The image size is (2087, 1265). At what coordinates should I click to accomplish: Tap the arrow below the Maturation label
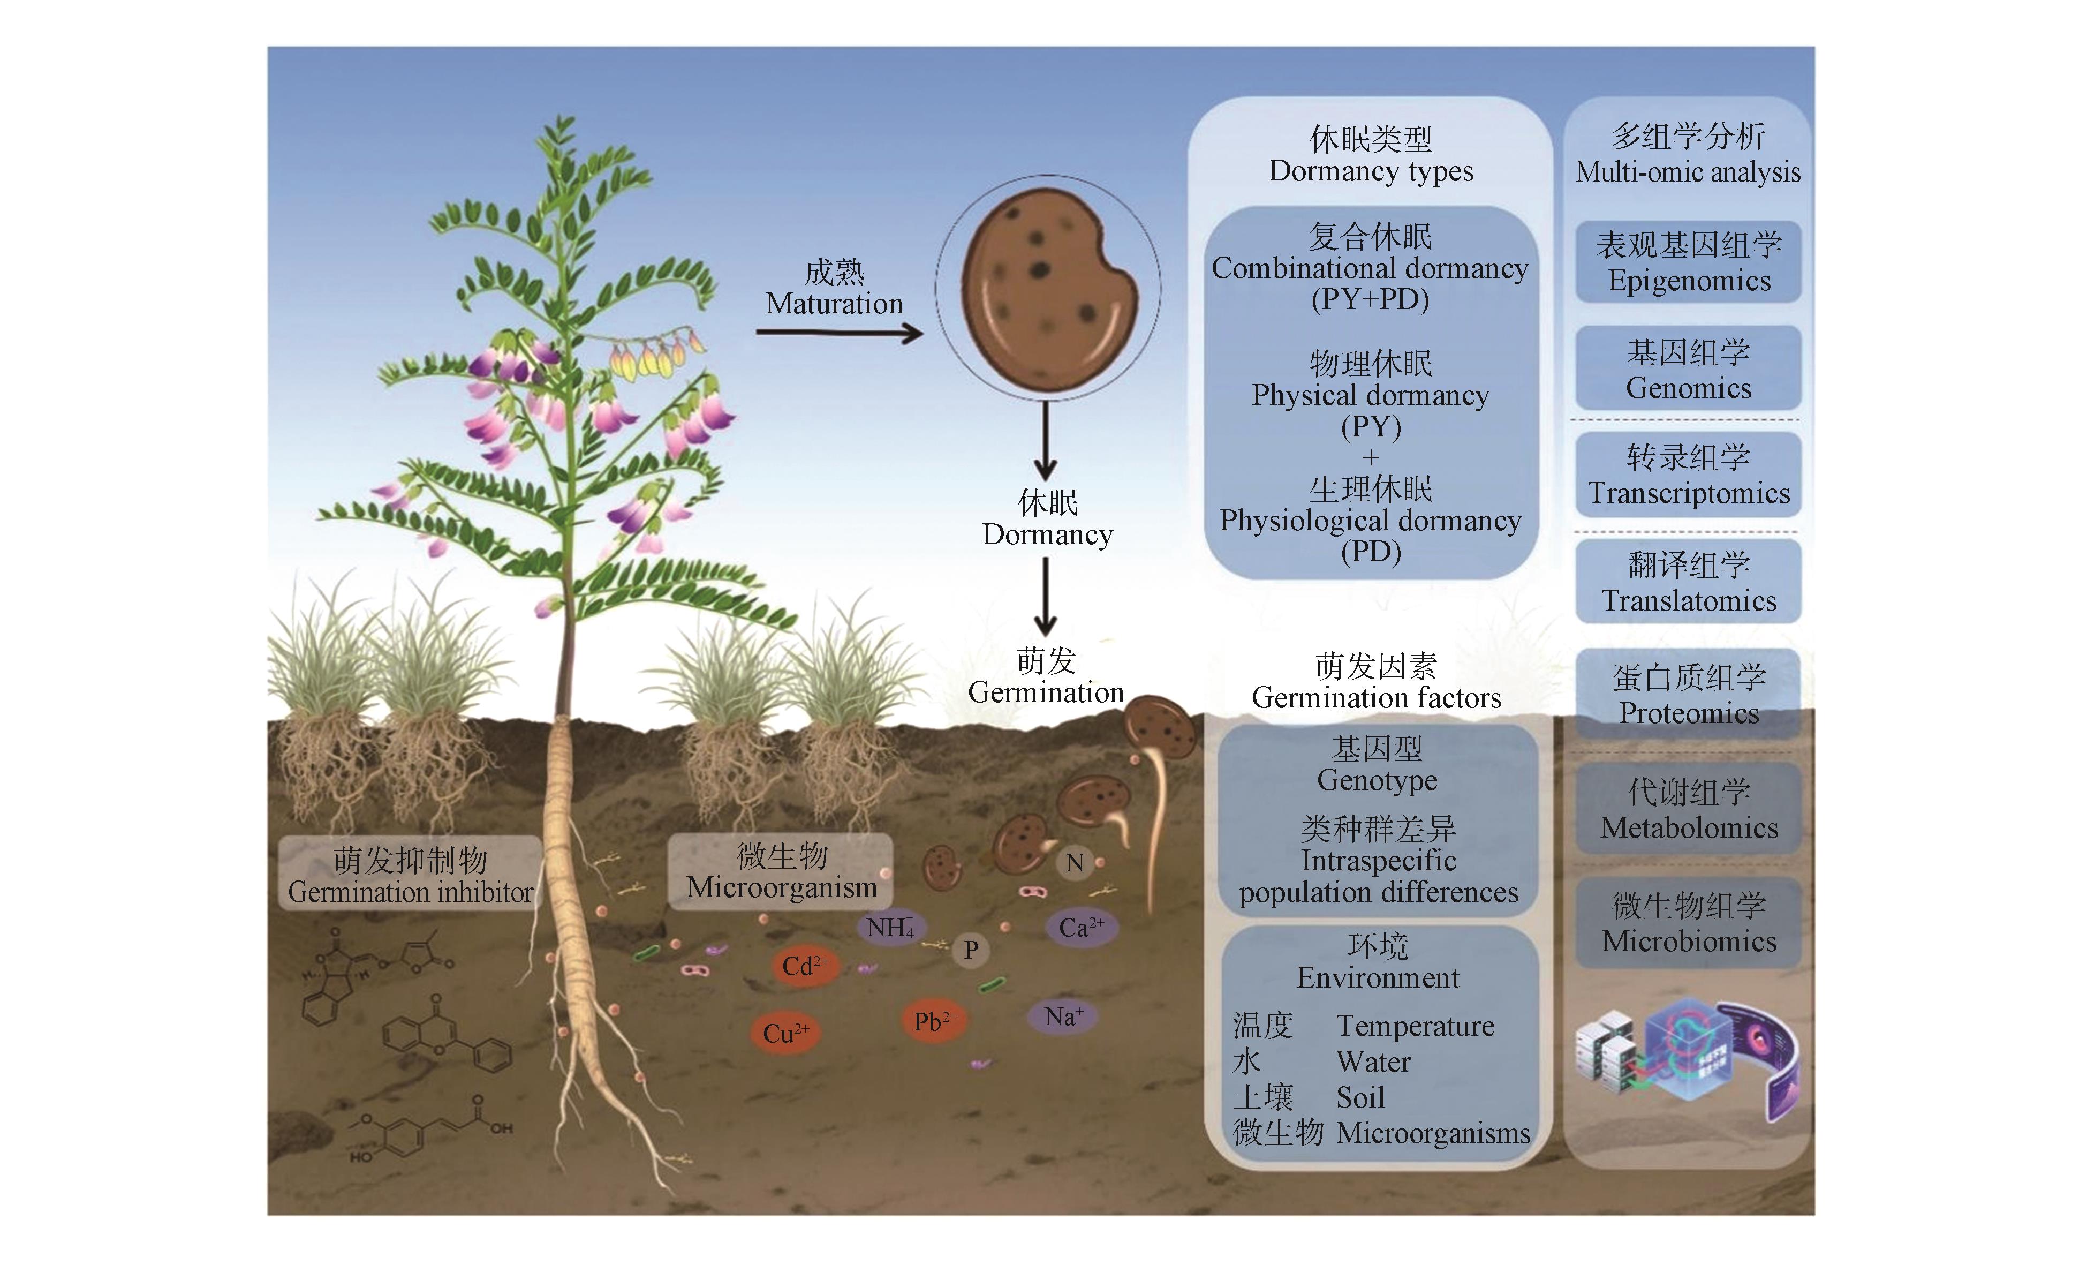pyautogui.click(x=838, y=333)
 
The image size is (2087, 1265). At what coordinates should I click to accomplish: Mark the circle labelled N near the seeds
pyautogui.click(x=1074, y=863)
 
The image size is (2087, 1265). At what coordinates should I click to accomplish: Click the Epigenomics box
pyautogui.click(x=1688, y=262)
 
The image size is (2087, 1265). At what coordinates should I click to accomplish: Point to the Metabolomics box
pyautogui.click(x=1688, y=809)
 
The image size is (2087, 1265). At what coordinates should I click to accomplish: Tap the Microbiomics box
pyautogui.click(x=1688, y=923)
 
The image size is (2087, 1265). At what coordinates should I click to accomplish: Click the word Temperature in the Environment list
pyautogui.click(x=1415, y=1026)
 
